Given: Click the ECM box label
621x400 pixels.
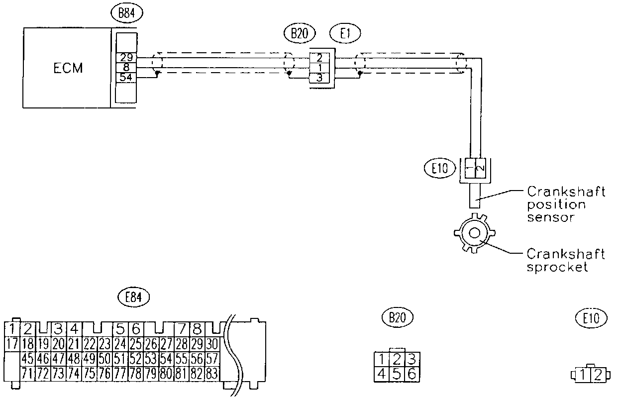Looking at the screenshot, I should pyautogui.click(x=68, y=68).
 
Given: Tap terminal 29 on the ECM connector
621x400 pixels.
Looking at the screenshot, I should pyautogui.click(x=126, y=58).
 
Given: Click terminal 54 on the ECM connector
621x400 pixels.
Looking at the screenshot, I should pyautogui.click(x=126, y=77).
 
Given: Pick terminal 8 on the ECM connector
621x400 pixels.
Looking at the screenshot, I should pyautogui.click(x=126, y=67).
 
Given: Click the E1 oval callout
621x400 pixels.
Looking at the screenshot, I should pyautogui.click(x=345, y=33).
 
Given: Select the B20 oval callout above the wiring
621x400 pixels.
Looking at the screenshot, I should pyautogui.click(x=299, y=33).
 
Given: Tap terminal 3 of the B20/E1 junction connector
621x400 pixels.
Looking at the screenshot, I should pyautogui.click(x=319, y=77).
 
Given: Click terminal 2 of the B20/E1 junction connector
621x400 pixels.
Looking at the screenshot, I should pyautogui.click(x=319, y=58).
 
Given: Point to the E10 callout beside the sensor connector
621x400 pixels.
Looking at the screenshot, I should pyautogui.click(x=440, y=168).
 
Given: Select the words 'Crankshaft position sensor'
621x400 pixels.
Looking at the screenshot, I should pyautogui.click(x=565, y=204).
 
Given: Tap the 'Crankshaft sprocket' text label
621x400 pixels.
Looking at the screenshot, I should pyautogui.click(x=565, y=260).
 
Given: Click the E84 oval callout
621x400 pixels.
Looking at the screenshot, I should pyautogui.click(x=134, y=298).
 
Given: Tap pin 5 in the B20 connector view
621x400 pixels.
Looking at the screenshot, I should pyautogui.click(x=397, y=374).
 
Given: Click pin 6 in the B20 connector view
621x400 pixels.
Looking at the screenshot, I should pyautogui.click(x=412, y=374).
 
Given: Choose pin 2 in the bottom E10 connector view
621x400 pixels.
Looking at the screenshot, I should pyautogui.click(x=598, y=375).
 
